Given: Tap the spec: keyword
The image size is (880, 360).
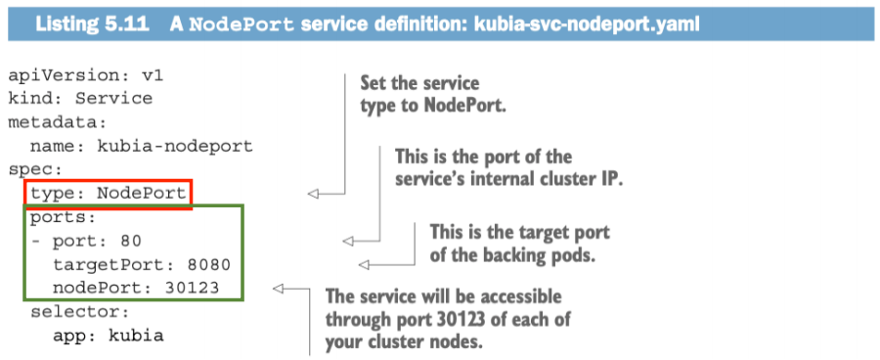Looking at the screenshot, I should click(x=31, y=169).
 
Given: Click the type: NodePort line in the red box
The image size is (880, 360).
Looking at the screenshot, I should click(x=108, y=193).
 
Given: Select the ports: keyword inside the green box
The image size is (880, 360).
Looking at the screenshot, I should click(x=63, y=216).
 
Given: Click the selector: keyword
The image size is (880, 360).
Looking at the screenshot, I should click(x=73, y=312).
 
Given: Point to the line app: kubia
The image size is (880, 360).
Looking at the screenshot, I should click(x=108, y=336).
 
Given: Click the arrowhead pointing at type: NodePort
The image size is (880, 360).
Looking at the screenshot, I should click(x=313, y=194).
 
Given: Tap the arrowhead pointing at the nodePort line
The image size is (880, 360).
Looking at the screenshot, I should click(x=278, y=288).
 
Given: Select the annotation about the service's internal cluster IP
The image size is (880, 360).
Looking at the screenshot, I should click(x=509, y=167).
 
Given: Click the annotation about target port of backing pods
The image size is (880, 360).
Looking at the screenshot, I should click(x=519, y=242).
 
